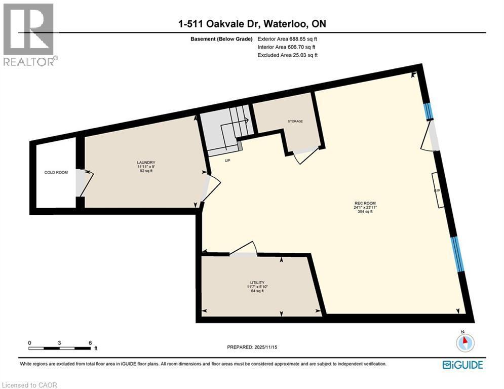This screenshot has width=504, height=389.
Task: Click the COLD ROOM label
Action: pyautogui.click(x=56, y=173)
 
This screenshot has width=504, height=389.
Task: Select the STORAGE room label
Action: pyautogui.click(x=295, y=122)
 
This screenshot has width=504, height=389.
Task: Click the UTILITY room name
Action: pyautogui.click(x=257, y=283)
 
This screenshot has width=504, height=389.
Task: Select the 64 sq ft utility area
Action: pyautogui.click(x=257, y=292)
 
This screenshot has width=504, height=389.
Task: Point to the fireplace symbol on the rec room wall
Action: pyautogui.click(x=437, y=190)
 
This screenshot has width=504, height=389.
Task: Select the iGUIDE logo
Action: pyautogui.click(x=462, y=365)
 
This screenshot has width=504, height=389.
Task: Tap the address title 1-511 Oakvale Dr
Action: pyautogui.click(x=251, y=24)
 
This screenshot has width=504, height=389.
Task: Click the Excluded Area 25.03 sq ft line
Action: pyautogui.click(x=288, y=55)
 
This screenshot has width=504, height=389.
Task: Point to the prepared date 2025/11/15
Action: pyautogui.click(x=253, y=347)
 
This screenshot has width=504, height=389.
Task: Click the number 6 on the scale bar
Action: pyautogui.click(x=90, y=343)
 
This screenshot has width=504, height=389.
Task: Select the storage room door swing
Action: pyautogui.click(x=305, y=154)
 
